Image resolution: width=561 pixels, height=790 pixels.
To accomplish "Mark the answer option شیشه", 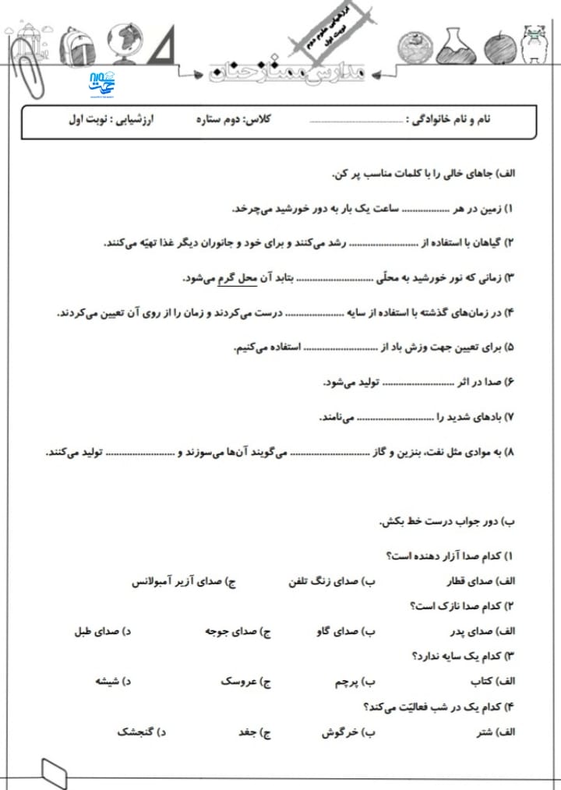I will pos(104,682).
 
